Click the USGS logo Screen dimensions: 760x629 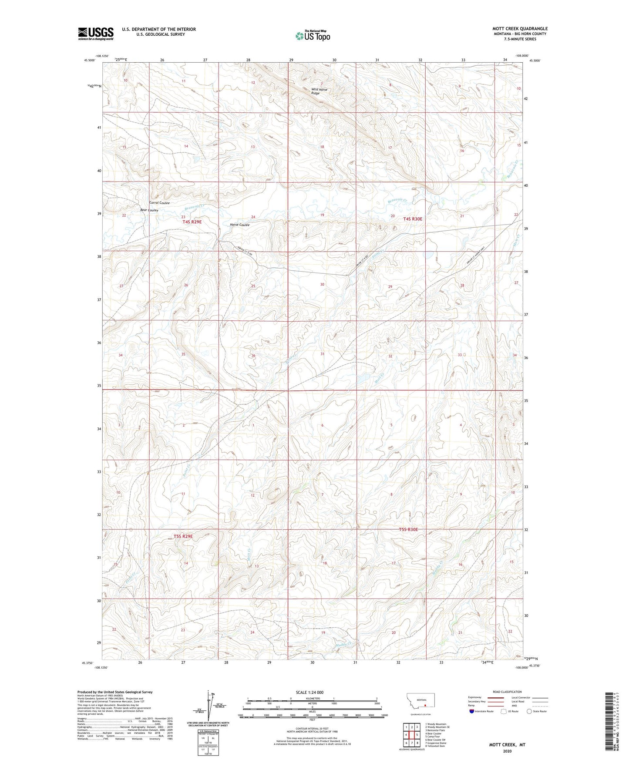(x=96, y=34)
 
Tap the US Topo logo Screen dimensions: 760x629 (x=313, y=36)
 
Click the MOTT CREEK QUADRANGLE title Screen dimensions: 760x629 (x=520, y=29)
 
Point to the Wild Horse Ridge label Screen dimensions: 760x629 (x=319, y=91)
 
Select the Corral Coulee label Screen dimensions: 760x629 (x=159, y=203)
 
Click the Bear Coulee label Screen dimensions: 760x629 (x=149, y=210)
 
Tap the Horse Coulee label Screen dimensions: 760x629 (x=239, y=225)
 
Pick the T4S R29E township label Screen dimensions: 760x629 (x=192, y=222)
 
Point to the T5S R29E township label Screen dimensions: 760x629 (x=183, y=537)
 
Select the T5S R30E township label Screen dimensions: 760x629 (x=408, y=530)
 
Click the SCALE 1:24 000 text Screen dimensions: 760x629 (x=309, y=692)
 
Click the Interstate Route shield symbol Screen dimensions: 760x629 (x=472, y=711)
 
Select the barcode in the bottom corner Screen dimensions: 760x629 (x=608, y=721)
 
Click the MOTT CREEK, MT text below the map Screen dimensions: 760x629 (x=507, y=745)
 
